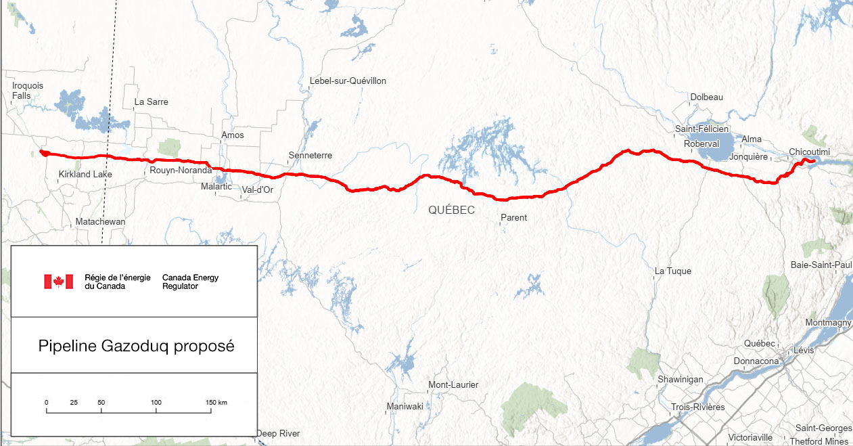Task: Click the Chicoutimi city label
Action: point(810,152)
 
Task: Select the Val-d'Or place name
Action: point(257,190)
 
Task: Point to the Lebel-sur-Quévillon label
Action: point(348,81)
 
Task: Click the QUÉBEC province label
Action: point(451,210)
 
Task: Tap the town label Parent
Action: point(513,218)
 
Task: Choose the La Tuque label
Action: point(672,271)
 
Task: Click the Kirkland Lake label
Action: point(85,175)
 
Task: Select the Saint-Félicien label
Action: point(701,129)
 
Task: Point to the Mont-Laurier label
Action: point(453,385)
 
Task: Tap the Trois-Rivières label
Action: point(698,407)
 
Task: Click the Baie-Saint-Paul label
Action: point(821,265)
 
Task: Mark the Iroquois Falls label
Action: point(28,91)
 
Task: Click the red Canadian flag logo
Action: point(58,282)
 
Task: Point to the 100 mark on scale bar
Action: point(156,403)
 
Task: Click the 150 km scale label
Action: point(216,403)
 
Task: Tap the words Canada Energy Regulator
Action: point(190,282)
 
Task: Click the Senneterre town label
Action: point(310,156)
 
